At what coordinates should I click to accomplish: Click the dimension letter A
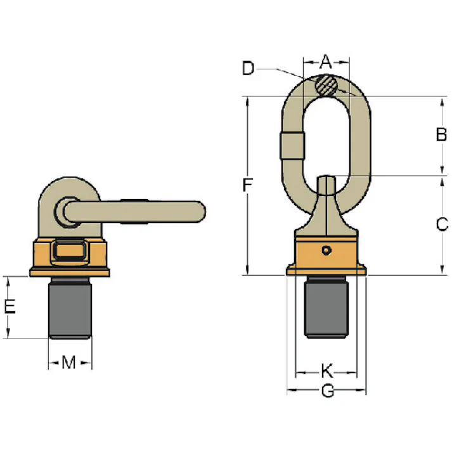click(x=326, y=61)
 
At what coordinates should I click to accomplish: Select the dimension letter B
click(x=441, y=134)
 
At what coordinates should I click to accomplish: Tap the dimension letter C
click(x=442, y=224)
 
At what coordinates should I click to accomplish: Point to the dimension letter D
click(x=249, y=68)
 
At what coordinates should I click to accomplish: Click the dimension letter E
click(x=10, y=306)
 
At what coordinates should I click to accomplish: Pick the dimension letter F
click(x=247, y=184)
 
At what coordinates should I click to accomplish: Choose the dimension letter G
click(x=328, y=391)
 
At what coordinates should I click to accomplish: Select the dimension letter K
click(x=327, y=370)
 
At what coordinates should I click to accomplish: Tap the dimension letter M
click(x=68, y=362)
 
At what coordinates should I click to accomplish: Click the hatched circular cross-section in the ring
click(x=326, y=86)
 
